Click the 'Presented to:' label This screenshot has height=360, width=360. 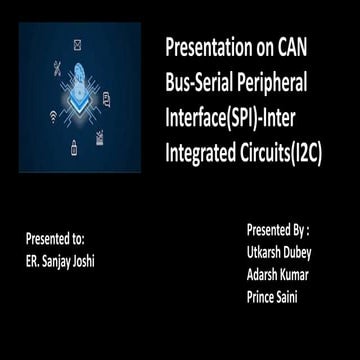(55, 239)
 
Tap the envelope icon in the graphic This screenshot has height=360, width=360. (79, 45)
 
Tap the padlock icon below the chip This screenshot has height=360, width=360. (75, 150)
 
